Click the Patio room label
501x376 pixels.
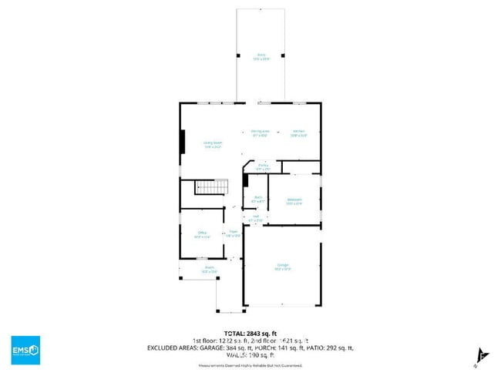click(261, 56)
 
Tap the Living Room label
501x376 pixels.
click(213, 144)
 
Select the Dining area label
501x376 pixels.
click(260, 133)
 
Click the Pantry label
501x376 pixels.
click(263, 166)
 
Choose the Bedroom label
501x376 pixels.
click(294, 201)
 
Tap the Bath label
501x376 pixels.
click(258, 199)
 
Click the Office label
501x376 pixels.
click(202, 234)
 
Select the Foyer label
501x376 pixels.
click(232, 233)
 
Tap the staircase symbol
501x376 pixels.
click(211, 187)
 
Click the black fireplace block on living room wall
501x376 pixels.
click(183, 143)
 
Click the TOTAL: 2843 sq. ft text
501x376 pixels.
click(250, 332)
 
